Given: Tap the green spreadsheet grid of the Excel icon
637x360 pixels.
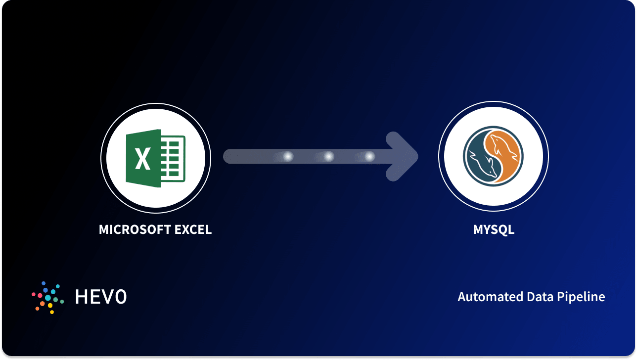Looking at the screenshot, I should (x=173, y=158).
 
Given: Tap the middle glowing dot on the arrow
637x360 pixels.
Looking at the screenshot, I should (x=328, y=157).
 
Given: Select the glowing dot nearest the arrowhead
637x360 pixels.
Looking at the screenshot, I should (x=369, y=157).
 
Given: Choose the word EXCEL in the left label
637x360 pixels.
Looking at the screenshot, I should (x=193, y=230).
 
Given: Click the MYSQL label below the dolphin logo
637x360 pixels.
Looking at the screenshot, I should (x=494, y=230).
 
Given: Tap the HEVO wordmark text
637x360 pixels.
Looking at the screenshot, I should (x=101, y=297).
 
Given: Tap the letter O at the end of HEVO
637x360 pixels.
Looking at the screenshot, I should (x=121, y=297).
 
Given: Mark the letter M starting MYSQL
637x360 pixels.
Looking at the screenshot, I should (x=478, y=230).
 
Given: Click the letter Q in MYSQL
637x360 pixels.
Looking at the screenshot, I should (x=502, y=230).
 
